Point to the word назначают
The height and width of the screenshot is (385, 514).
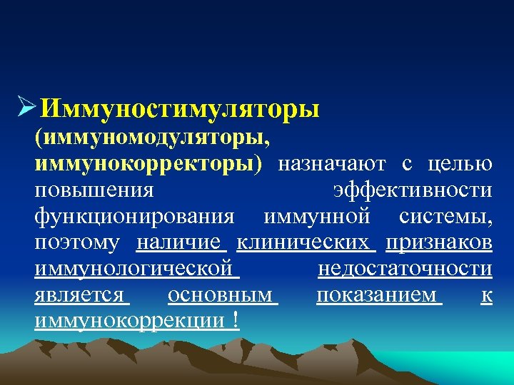[332, 163]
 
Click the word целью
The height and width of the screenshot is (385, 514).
[459, 163]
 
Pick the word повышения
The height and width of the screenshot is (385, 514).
[94, 190]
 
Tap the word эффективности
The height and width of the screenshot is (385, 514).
[413, 190]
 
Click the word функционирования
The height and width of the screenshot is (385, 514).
[134, 216]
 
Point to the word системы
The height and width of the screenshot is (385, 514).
[445, 216]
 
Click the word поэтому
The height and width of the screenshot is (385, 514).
[77, 242]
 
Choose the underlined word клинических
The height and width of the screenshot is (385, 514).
[305, 242]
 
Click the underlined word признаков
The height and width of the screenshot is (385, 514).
[438, 242]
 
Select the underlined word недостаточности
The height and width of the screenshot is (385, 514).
[404, 269]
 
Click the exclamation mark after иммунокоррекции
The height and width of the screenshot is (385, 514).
[235, 321]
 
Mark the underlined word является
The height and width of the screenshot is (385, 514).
[79, 294]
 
